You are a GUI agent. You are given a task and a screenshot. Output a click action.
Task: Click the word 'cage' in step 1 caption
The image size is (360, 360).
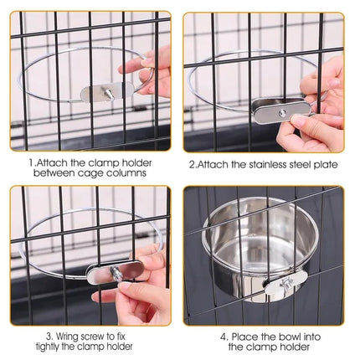(x=100, y=173)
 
